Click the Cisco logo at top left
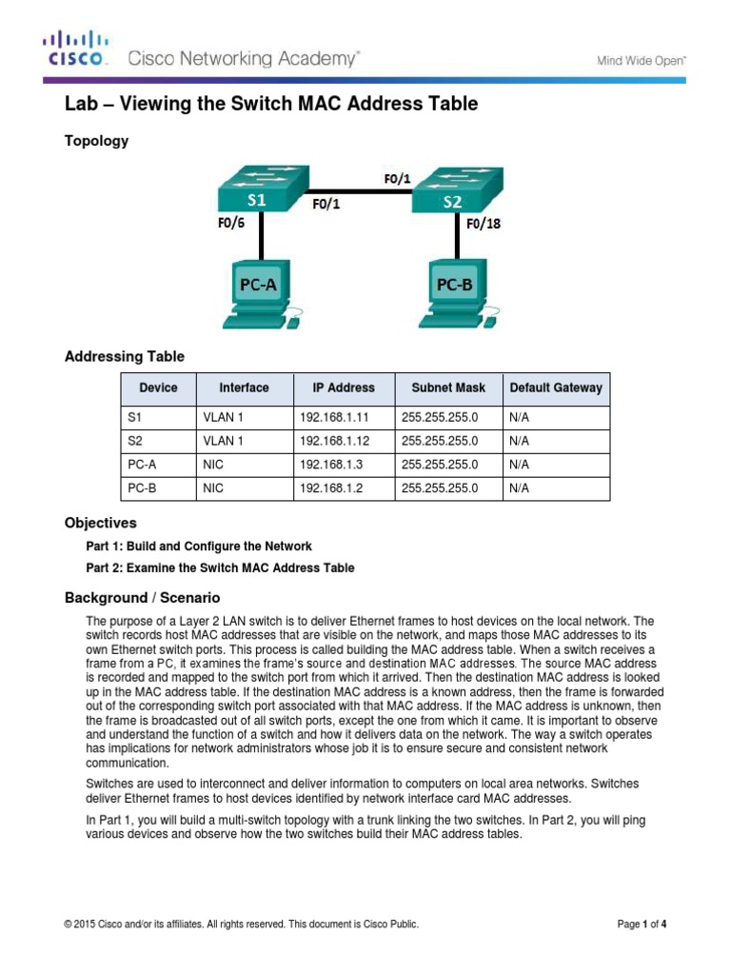click(x=76, y=50)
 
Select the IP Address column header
click(x=344, y=388)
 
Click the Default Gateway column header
click(x=556, y=388)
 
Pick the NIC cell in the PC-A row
click(x=212, y=465)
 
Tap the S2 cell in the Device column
click(x=134, y=441)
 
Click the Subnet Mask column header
click(x=448, y=388)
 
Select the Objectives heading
click(x=100, y=523)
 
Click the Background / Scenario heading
click(x=142, y=598)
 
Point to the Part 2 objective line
click(x=220, y=568)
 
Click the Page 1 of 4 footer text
click(x=642, y=925)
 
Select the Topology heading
click(x=95, y=141)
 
